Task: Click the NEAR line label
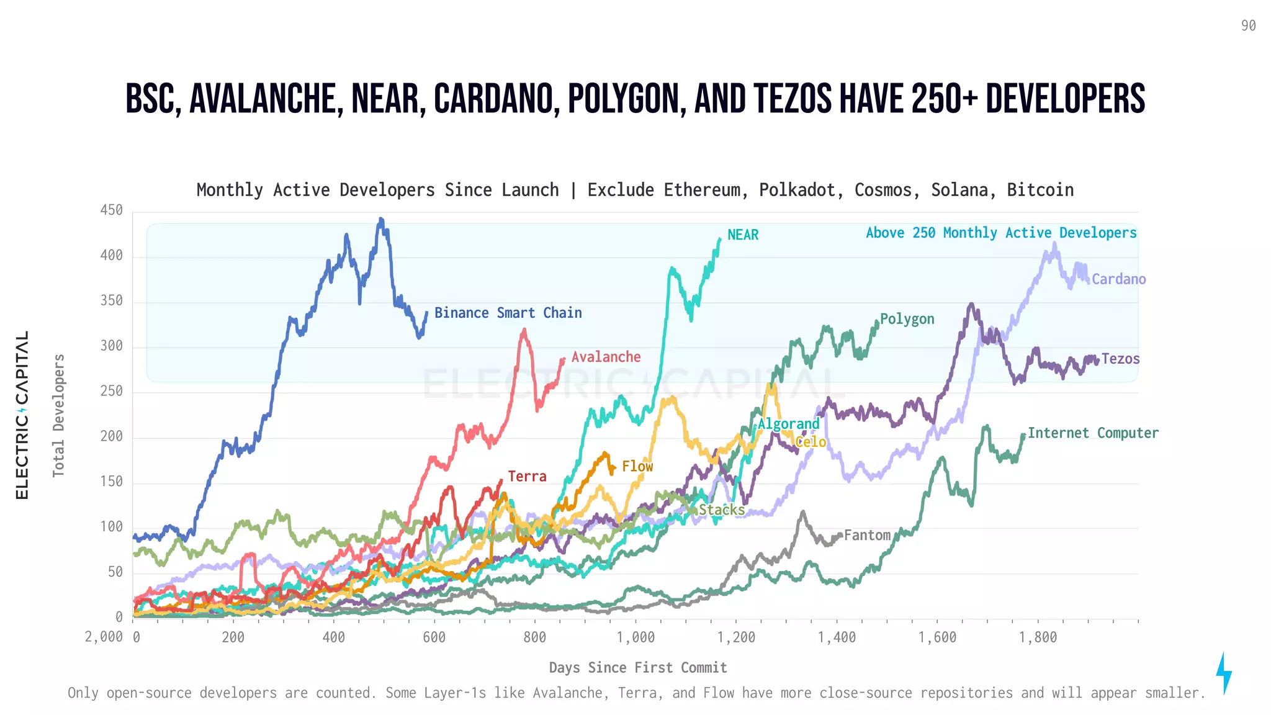[x=743, y=235]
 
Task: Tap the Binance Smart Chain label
[x=508, y=313]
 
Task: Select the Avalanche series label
[x=606, y=357]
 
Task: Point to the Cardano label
[x=1118, y=279]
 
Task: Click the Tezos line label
[x=1120, y=359]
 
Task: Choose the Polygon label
[x=907, y=319]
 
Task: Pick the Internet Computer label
[x=1093, y=433]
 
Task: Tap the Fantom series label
[x=867, y=535]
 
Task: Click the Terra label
[x=527, y=476]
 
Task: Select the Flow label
[x=637, y=466]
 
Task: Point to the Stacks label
[x=721, y=510]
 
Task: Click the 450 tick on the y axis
[x=112, y=210]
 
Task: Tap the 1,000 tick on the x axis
[x=635, y=637]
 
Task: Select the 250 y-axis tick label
[x=112, y=391]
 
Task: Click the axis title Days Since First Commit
[x=638, y=668]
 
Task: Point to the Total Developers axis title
[x=59, y=415]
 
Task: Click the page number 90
[x=1248, y=26]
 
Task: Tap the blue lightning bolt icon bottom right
[x=1223, y=673]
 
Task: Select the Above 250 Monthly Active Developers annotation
[x=1001, y=233]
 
